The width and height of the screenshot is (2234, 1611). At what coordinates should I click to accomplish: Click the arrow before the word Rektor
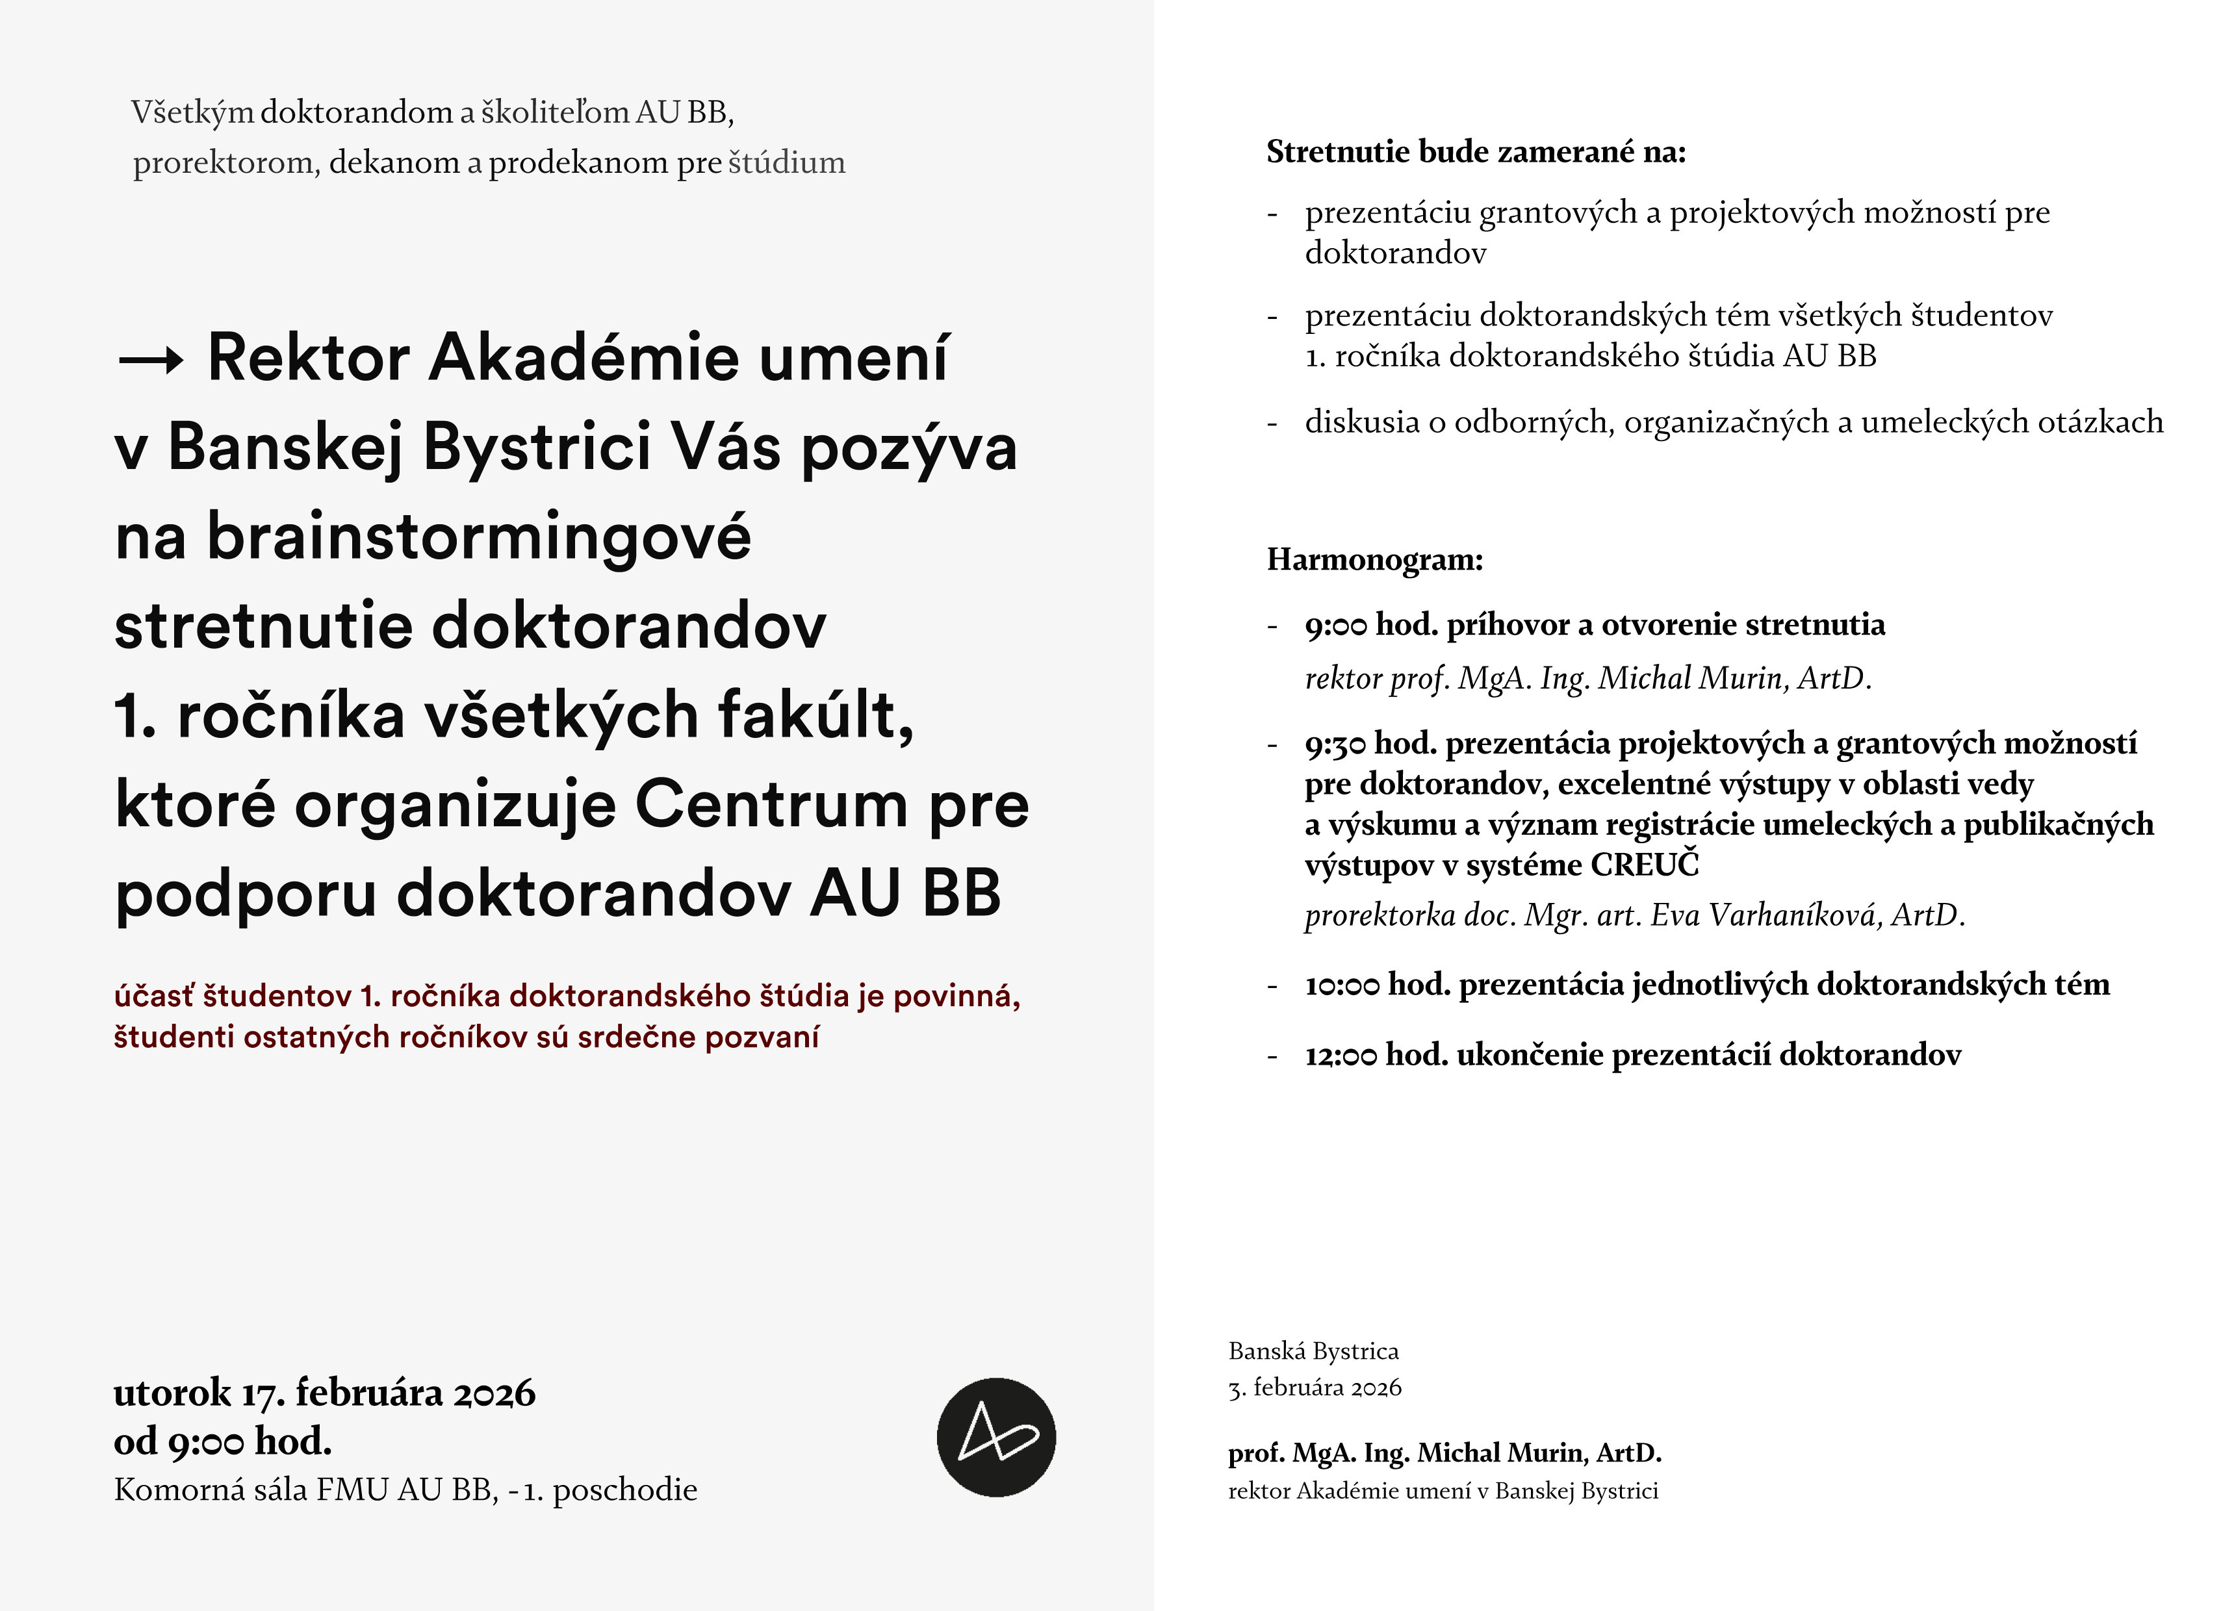click(x=149, y=361)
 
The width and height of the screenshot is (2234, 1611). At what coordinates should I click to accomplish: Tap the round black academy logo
click(x=996, y=1437)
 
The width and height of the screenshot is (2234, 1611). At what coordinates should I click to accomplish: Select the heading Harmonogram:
click(x=1374, y=559)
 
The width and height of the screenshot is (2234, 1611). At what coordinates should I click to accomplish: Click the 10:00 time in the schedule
click(x=1342, y=985)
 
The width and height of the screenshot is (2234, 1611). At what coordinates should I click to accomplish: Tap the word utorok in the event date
click(x=172, y=1393)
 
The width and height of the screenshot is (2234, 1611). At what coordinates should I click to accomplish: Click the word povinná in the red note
click(x=955, y=996)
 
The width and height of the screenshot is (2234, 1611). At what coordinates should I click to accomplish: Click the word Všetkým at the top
click(x=192, y=112)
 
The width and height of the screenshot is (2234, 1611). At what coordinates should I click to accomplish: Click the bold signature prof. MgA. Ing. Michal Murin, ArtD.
click(x=1444, y=1452)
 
